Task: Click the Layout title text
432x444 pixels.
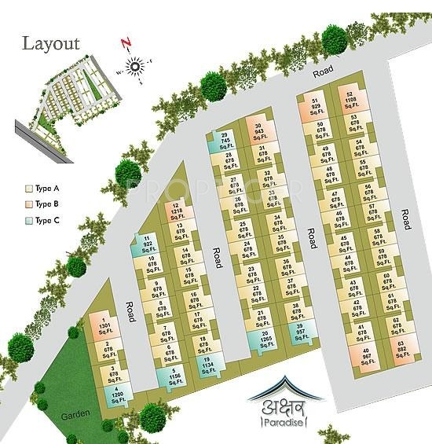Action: point(51,42)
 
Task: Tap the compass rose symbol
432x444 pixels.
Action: point(133,67)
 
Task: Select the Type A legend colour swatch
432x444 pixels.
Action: point(29,189)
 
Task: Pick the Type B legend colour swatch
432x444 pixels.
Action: point(29,206)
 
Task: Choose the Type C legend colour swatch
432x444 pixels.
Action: point(29,222)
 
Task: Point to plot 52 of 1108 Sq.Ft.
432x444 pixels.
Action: point(350,103)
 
